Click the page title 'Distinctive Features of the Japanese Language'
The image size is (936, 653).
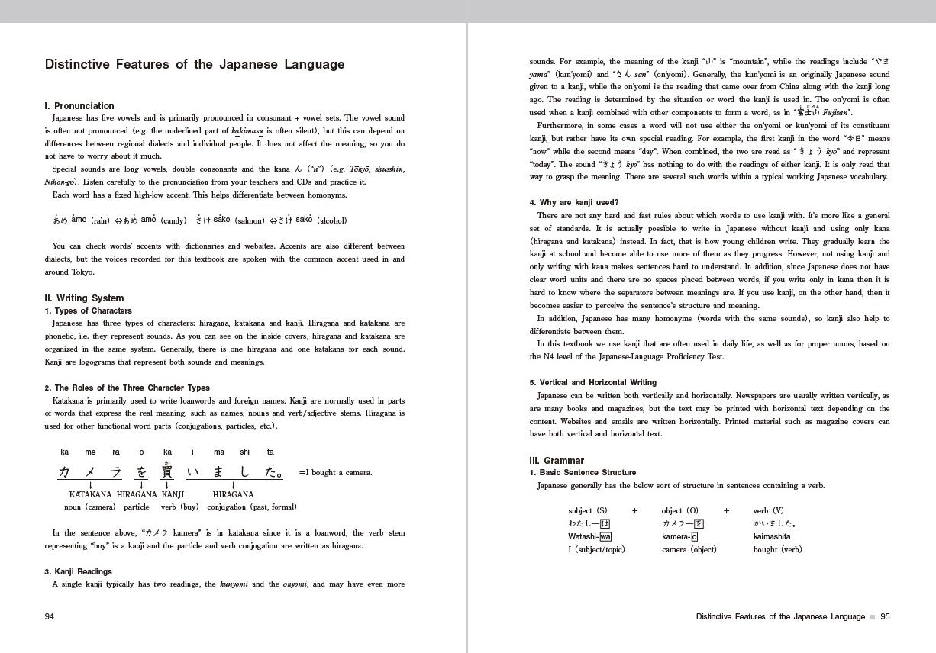(195, 65)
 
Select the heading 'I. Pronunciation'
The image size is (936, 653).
(79, 106)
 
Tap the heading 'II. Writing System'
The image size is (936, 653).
(84, 298)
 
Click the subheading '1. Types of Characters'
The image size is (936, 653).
(88, 311)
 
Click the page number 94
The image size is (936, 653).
(50, 616)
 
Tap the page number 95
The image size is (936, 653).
(885, 616)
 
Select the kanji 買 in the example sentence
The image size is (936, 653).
(167, 472)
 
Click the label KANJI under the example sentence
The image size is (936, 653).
(173, 494)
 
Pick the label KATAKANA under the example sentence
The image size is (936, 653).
(90, 494)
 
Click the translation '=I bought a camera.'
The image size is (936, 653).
(335, 473)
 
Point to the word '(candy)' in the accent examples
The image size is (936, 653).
(173, 221)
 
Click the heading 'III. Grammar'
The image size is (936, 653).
(557, 461)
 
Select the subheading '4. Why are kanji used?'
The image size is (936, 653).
(574, 203)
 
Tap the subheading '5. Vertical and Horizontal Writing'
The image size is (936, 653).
(593, 383)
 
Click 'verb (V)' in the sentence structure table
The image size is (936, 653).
(768, 511)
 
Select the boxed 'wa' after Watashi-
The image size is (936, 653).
(605, 536)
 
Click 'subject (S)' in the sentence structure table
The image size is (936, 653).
(588, 511)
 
